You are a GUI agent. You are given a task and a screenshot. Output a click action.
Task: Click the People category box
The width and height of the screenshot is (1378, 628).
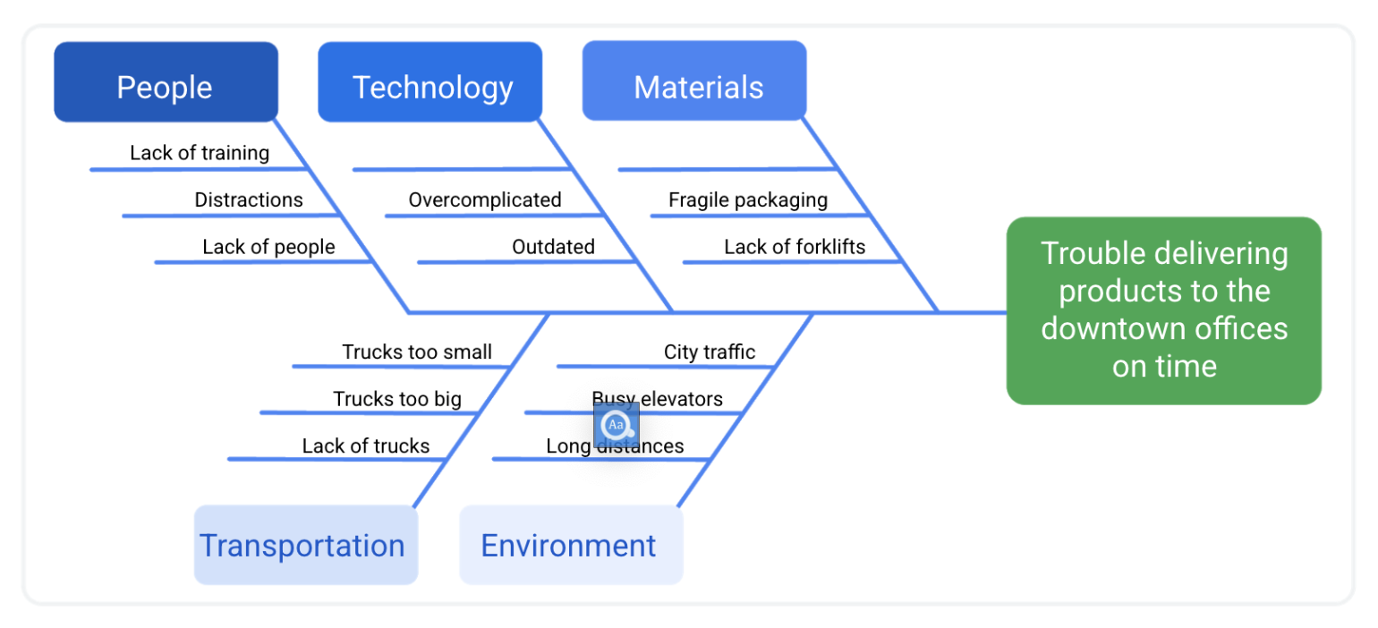166,82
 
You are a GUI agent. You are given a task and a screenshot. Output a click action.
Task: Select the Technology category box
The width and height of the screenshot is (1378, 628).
430,82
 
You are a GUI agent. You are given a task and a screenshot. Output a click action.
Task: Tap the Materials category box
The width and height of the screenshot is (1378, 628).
695,82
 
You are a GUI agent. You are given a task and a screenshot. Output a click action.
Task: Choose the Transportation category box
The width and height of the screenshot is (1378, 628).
305,545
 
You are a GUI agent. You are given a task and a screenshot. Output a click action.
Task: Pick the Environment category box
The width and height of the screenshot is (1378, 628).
571,545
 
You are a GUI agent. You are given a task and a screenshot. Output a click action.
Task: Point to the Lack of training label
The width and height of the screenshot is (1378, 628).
200,153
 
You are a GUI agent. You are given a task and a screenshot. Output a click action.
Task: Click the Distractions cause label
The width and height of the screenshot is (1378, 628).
249,199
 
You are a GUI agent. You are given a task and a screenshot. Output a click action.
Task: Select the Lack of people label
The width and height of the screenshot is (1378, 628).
268,247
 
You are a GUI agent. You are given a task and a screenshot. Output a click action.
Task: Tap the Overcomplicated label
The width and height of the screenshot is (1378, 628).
485,199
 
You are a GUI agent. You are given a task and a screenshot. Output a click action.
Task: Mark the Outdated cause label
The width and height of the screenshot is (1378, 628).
553,247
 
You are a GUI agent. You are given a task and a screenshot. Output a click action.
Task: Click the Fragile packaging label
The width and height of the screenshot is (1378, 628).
748,199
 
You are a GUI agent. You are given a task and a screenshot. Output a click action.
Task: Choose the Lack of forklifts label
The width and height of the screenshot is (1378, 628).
795,247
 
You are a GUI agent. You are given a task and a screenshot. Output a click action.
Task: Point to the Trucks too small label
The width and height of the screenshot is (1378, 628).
417,352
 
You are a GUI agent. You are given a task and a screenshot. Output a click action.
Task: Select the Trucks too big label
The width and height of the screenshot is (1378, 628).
397,399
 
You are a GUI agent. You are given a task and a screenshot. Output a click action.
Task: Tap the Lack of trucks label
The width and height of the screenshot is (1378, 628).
366,446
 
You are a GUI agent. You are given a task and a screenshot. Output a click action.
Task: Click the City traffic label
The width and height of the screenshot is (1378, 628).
710,352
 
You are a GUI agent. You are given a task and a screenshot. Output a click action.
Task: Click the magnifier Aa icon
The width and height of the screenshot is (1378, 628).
616,425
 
